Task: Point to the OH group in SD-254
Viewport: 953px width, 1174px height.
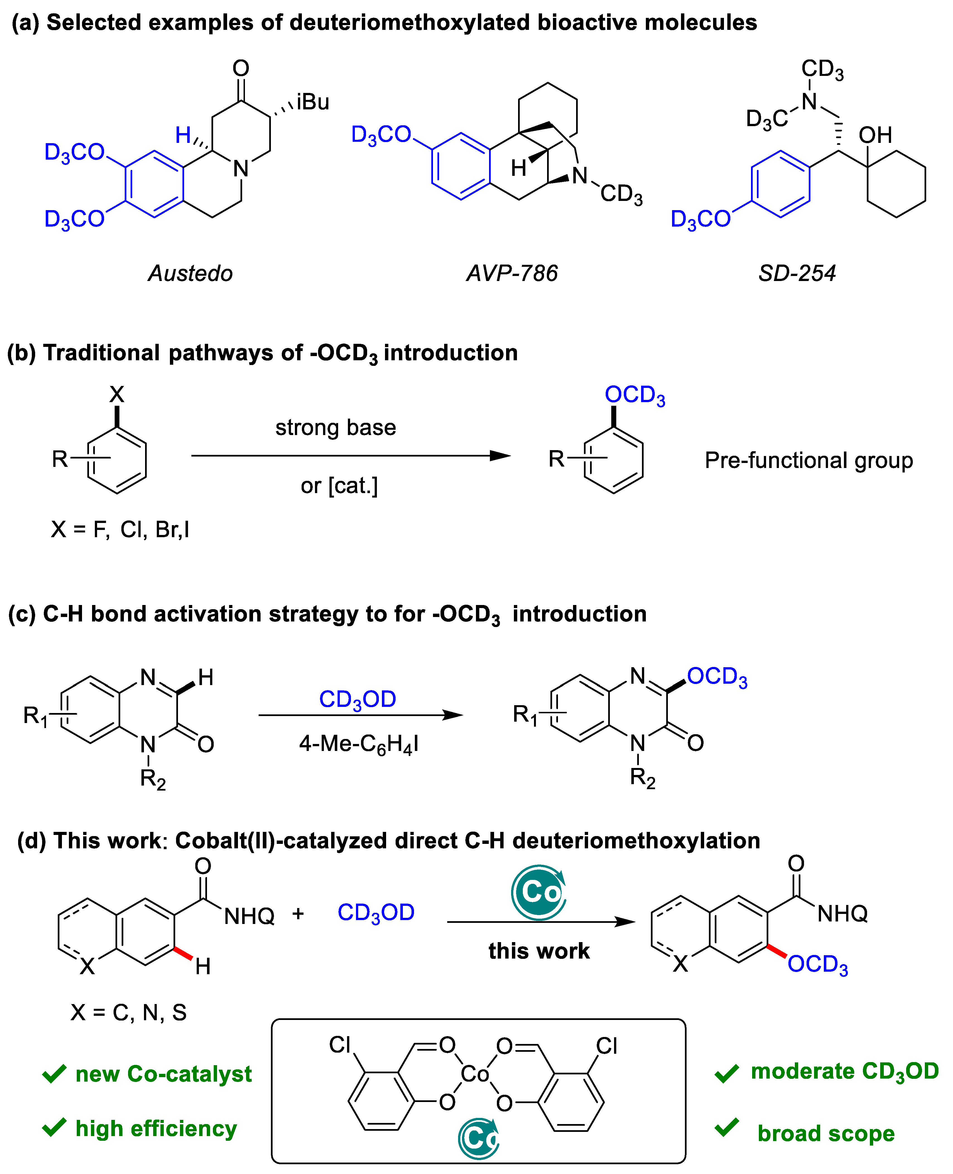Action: click(x=875, y=135)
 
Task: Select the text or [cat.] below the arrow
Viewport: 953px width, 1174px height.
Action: click(x=339, y=485)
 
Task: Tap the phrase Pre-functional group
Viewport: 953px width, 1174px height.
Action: click(x=808, y=460)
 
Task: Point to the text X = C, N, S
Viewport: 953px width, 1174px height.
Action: click(x=128, y=1012)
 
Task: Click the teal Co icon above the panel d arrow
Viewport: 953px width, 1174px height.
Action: click(x=538, y=892)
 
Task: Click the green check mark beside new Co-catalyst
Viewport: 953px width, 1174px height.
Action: click(x=54, y=1074)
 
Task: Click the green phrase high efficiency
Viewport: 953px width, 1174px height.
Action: click(x=156, y=1129)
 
